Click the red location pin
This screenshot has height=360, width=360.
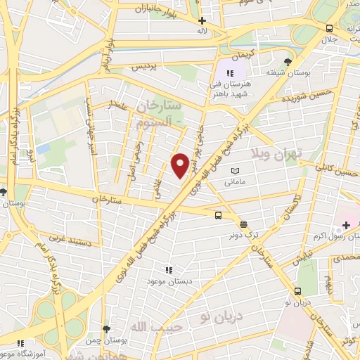181,165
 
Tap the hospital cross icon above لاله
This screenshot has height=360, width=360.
202,20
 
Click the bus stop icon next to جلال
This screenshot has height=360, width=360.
329,28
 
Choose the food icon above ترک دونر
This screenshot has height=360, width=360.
243,224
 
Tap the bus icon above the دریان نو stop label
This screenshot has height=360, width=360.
300,290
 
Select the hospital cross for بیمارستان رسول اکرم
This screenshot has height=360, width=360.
345,226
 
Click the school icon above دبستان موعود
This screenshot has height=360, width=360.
168,269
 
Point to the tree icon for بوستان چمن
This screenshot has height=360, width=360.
105,328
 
